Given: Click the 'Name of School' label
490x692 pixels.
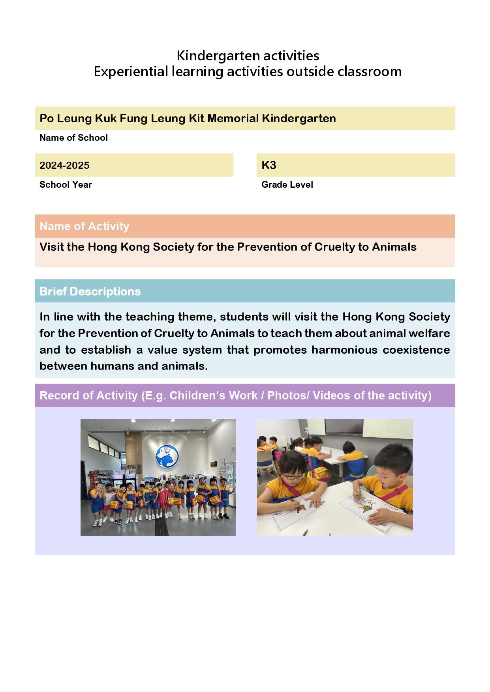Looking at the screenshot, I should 73,138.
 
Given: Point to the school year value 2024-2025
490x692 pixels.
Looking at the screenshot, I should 64,165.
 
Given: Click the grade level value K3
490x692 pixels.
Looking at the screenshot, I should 268,165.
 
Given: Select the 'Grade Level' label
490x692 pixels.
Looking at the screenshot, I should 287,185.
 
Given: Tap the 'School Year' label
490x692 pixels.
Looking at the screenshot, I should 66,185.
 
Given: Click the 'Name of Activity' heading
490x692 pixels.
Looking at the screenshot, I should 84,226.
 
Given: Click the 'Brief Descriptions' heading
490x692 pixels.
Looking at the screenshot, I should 90,291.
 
